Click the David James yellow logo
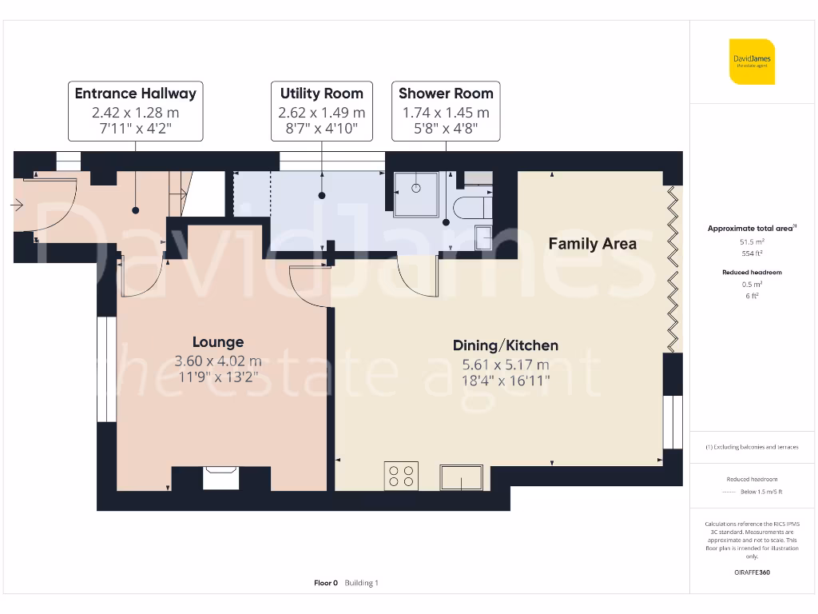tap(752, 62)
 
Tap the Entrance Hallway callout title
tap(135, 94)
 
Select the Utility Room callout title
tap(321, 94)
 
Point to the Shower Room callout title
tap(446, 94)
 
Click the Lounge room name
tap(217, 342)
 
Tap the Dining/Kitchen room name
tap(505, 345)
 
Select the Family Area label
tap(592, 244)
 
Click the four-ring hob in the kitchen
tap(401, 476)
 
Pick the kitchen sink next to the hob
tap(461, 478)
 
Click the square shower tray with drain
tap(416, 193)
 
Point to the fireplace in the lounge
tap(221, 477)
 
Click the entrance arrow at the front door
tap(17, 205)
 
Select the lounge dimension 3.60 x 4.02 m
tap(217, 361)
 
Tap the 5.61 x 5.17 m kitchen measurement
tap(505, 365)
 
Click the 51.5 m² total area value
tap(751, 241)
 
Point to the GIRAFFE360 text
tap(751, 572)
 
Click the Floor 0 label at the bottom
tap(326, 583)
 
